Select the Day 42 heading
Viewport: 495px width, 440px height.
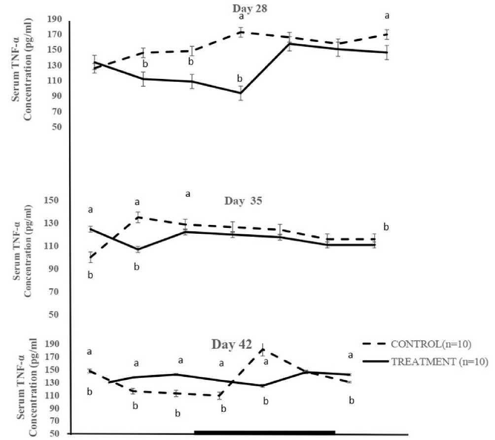click(x=232, y=344)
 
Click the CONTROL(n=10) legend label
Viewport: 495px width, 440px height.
click(x=427, y=344)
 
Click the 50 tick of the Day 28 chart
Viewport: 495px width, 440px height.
click(x=57, y=127)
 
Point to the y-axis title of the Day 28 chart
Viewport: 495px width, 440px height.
click(x=23, y=74)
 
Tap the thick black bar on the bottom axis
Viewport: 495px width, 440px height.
click(x=264, y=433)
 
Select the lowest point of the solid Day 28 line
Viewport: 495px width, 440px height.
click(x=241, y=93)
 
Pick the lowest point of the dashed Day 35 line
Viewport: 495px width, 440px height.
click(x=90, y=257)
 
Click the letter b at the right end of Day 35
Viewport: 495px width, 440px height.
click(x=387, y=227)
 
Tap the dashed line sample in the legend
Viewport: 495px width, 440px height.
click(x=375, y=344)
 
